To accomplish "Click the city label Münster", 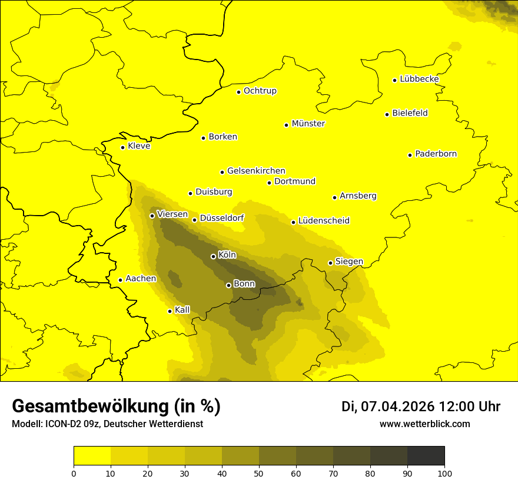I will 308,124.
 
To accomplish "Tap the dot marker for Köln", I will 213,256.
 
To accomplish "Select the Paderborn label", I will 436,154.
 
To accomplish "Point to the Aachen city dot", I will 120,280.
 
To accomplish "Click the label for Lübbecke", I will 419,79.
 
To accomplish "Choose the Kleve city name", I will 139,146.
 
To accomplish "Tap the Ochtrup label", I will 260,91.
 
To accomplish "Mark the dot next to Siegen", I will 330,263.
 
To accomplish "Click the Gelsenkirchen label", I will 256,171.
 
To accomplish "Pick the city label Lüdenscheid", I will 324,221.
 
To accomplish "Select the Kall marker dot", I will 170,311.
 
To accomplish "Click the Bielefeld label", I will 410,113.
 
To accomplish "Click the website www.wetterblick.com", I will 424,424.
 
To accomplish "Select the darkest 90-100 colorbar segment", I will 426,455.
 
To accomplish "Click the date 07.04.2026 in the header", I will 397,407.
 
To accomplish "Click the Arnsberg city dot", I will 334,197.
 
